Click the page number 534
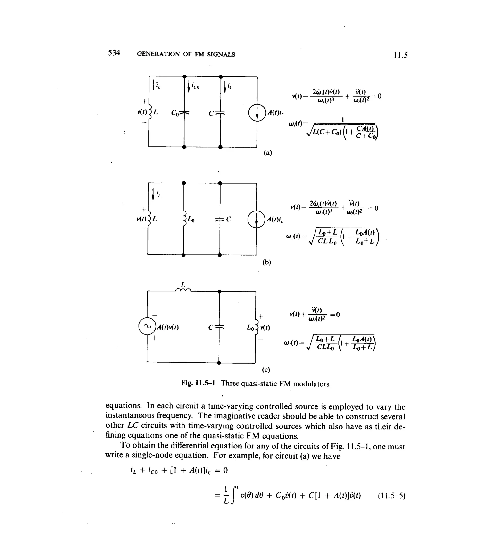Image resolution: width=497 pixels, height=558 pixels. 114,53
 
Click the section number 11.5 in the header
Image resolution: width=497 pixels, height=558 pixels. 400,55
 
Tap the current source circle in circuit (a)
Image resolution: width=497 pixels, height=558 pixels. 257,113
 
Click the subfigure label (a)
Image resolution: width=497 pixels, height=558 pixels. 268,153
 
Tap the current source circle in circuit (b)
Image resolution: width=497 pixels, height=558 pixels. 256,220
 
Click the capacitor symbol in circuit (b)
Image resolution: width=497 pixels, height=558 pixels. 220,220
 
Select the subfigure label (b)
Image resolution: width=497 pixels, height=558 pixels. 266,262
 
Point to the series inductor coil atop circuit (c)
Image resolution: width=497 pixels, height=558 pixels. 183,290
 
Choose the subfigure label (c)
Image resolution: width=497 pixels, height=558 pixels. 266,370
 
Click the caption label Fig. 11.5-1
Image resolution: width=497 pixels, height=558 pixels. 198,383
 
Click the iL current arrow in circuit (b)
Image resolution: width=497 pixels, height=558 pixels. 153,194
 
